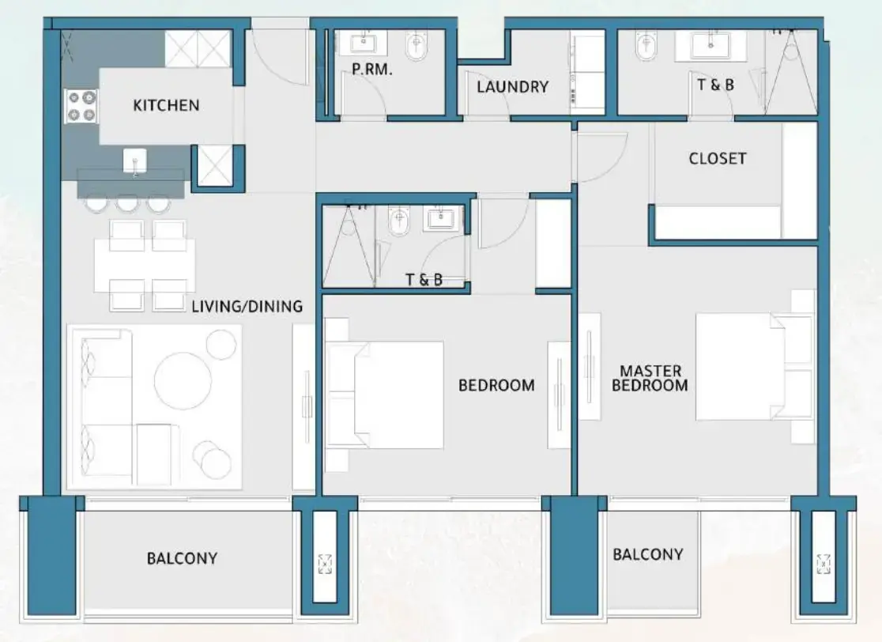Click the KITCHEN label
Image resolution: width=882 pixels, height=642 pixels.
[166, 105]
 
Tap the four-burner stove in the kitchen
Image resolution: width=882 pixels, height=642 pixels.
[81, 106]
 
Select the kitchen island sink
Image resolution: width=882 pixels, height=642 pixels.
[135, 160]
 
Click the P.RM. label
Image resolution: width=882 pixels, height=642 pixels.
[372, 70]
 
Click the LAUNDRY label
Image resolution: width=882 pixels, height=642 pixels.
[512, 87]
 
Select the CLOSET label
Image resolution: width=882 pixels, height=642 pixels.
[717, 158]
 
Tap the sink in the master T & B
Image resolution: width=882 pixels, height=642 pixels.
[710, 44]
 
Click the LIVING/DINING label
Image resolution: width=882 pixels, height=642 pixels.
[247, 306]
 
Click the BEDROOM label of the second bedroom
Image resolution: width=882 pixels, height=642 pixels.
[496, 386]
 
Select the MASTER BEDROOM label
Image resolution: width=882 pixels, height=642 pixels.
[650, 378]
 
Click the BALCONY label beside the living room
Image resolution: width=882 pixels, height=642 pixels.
[182, 558]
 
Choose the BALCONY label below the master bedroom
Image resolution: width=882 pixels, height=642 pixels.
[647, 554]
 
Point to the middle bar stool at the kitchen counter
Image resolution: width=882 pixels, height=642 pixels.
[128, 203]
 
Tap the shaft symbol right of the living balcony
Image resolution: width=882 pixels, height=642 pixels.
[325, 564]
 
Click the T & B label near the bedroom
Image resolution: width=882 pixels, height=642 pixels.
[424, 279]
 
